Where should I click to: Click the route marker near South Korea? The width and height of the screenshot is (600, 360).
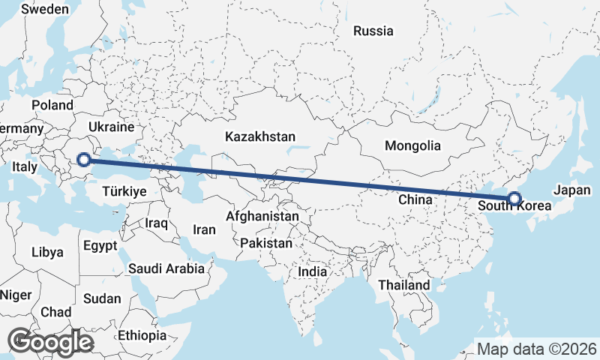tap(514, 199)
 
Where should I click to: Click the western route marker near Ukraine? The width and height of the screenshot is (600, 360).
tap(85, 159)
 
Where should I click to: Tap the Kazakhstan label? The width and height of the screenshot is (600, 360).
tap(261, 137)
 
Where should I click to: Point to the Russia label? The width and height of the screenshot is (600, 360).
tap(373, 31)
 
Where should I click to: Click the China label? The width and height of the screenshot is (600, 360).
tap(415, 199)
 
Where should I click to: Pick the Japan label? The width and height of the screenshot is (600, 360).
tap(575, 190)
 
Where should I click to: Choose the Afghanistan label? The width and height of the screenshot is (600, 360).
tap(262, 216)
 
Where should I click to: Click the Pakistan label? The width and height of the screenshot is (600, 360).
tap(266, 244)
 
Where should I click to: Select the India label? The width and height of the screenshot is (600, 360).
tap(312, 271)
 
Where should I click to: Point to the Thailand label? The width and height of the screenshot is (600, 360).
tap(403, 286)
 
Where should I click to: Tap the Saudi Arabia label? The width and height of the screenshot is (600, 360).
tap(166, 268)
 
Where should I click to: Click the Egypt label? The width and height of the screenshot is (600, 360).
tap(100, 245)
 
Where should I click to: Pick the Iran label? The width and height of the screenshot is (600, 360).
tap(204, 229)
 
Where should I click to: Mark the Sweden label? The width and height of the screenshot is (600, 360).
tap(45, 10)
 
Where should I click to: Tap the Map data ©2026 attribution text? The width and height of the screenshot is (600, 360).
tap(537, 349)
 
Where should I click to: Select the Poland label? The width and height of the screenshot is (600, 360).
tap(52, 106)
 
